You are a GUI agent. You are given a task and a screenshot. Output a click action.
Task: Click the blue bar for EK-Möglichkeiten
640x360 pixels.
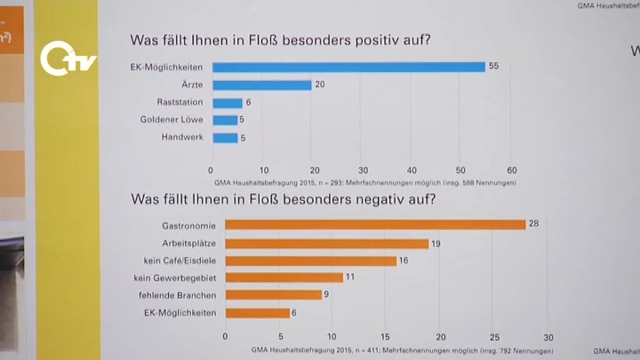point(348,67)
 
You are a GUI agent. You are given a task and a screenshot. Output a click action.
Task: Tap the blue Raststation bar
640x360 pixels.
point(227,103)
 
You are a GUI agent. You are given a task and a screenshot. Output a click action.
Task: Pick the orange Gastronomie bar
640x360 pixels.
point(375,224)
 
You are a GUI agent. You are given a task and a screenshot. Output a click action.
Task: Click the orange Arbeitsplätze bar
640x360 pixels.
point(326,244)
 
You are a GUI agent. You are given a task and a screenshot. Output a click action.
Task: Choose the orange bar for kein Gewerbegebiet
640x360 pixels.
point(284,277)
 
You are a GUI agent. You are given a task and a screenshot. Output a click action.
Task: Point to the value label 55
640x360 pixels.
point(494,66)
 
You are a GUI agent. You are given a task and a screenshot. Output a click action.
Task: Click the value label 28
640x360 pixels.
point(534,223)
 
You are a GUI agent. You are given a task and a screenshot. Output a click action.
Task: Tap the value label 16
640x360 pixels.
point(403,261)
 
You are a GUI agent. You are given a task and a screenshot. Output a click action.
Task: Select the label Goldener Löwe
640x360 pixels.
point(172,119)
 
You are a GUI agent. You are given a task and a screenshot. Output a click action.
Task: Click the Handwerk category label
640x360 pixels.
point(182,137)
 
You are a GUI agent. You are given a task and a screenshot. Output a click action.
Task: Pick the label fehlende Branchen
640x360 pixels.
point(177,295)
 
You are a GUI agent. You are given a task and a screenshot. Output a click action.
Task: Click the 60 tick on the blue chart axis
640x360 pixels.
point(511,170)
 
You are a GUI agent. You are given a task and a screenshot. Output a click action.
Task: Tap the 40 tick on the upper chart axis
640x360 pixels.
point(412,170)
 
